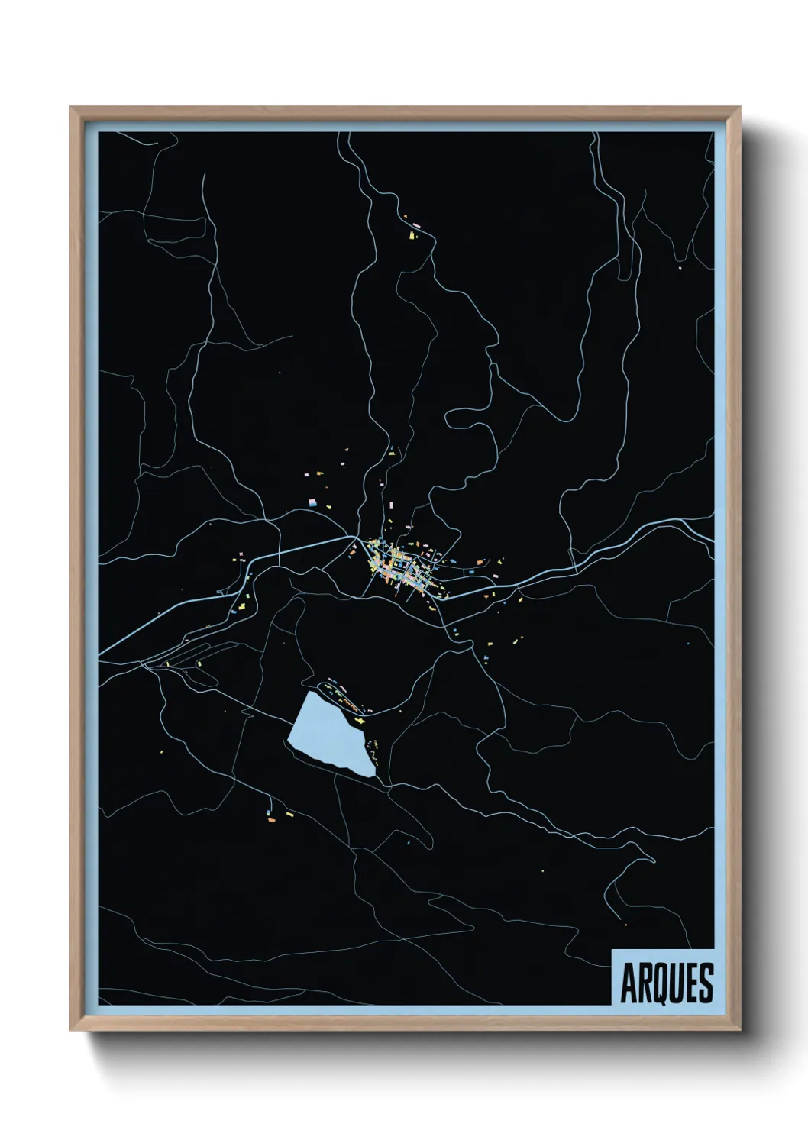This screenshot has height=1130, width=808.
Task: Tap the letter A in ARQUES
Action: point(631,983)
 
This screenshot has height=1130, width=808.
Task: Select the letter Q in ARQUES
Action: point(661,983)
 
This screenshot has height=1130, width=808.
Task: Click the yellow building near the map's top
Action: point(413,235)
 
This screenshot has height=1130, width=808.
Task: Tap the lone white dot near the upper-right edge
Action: point(678,268)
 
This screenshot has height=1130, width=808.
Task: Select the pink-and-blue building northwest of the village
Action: point(312,502)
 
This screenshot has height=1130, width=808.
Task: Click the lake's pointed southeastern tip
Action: point(373,776)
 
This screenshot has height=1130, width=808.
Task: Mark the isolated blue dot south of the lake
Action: point(409,842)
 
